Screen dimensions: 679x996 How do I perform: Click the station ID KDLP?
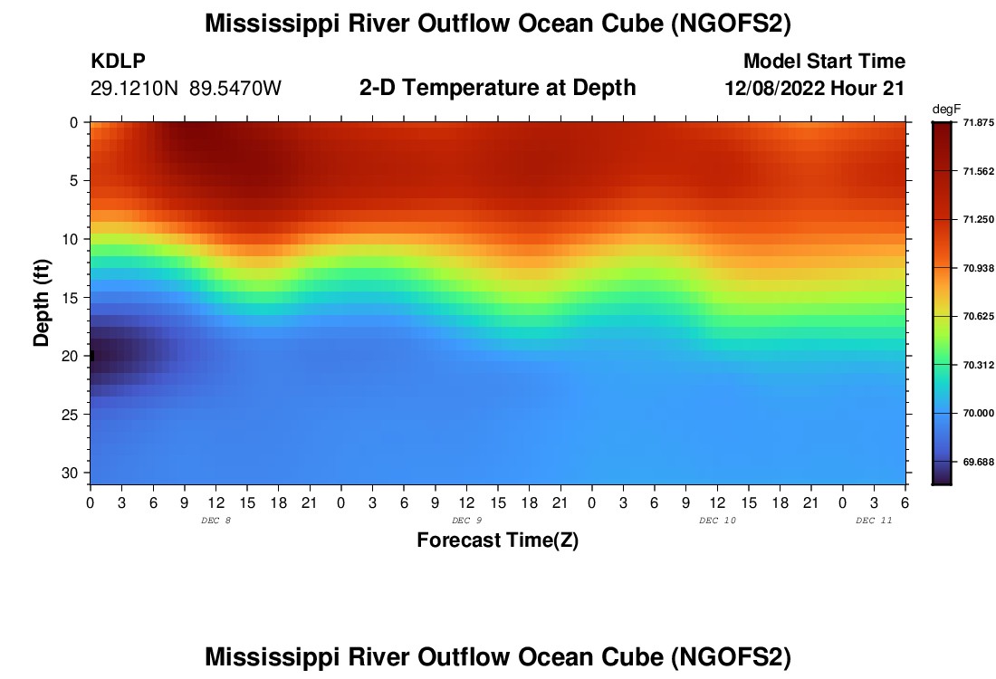118,62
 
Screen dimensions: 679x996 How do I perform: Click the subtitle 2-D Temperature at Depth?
498,88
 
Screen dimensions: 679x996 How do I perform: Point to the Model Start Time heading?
824,62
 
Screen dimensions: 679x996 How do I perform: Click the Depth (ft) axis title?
42,301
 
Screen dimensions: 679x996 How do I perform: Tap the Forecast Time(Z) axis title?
497,540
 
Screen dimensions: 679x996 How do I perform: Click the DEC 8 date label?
215,521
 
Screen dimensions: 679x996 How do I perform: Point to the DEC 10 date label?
717,521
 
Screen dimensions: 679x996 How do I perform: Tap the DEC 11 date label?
874,521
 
